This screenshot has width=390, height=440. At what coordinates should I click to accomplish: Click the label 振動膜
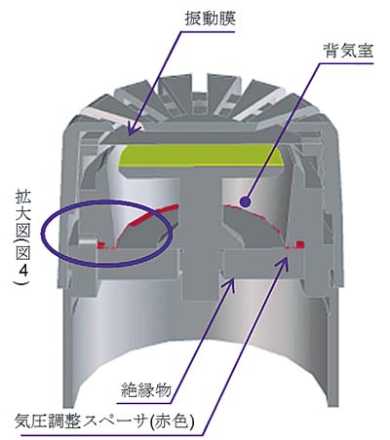[210, 18]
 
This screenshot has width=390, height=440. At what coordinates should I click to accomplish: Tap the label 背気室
[348, 51]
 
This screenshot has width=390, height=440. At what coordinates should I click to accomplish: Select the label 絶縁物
[146, 389]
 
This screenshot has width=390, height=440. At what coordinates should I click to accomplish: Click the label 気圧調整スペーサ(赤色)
[104, 421]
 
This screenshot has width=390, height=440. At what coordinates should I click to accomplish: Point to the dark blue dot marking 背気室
[245, 202]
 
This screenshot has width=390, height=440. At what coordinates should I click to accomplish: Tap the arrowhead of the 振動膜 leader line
[133, 129]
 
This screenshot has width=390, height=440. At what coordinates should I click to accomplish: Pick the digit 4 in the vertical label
[23, 271]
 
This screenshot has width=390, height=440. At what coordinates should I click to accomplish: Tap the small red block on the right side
[300, 244]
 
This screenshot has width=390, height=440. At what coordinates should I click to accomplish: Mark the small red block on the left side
[101, 244]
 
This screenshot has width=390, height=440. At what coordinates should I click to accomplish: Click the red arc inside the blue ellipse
[143, 218]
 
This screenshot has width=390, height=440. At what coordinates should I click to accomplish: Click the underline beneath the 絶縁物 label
[143, 403]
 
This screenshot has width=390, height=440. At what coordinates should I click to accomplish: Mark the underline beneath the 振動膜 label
[208, 32]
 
